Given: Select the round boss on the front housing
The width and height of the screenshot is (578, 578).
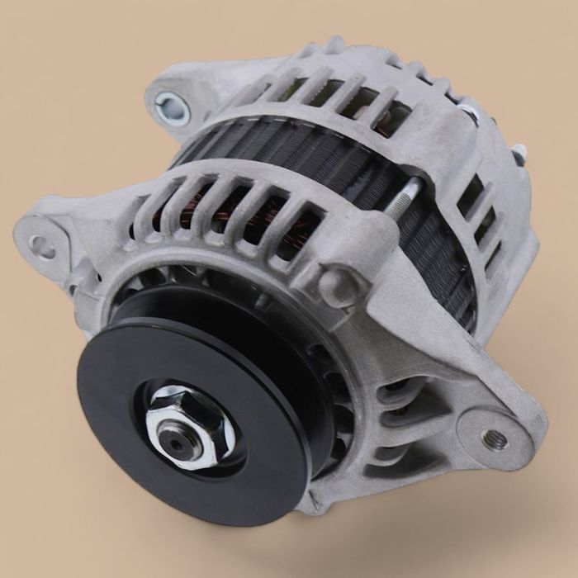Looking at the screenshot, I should click(341, 285).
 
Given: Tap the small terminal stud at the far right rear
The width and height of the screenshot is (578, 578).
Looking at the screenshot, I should click(518, 154).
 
